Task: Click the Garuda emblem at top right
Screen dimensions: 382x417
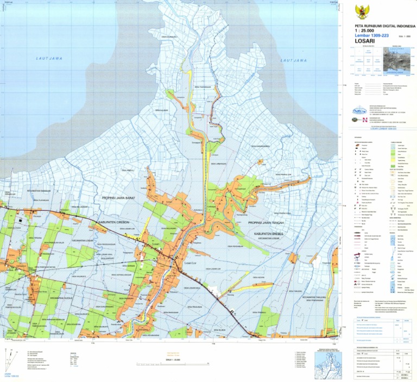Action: (x=361, y=12)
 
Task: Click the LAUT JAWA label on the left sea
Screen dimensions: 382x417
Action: (x=49, y=58)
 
